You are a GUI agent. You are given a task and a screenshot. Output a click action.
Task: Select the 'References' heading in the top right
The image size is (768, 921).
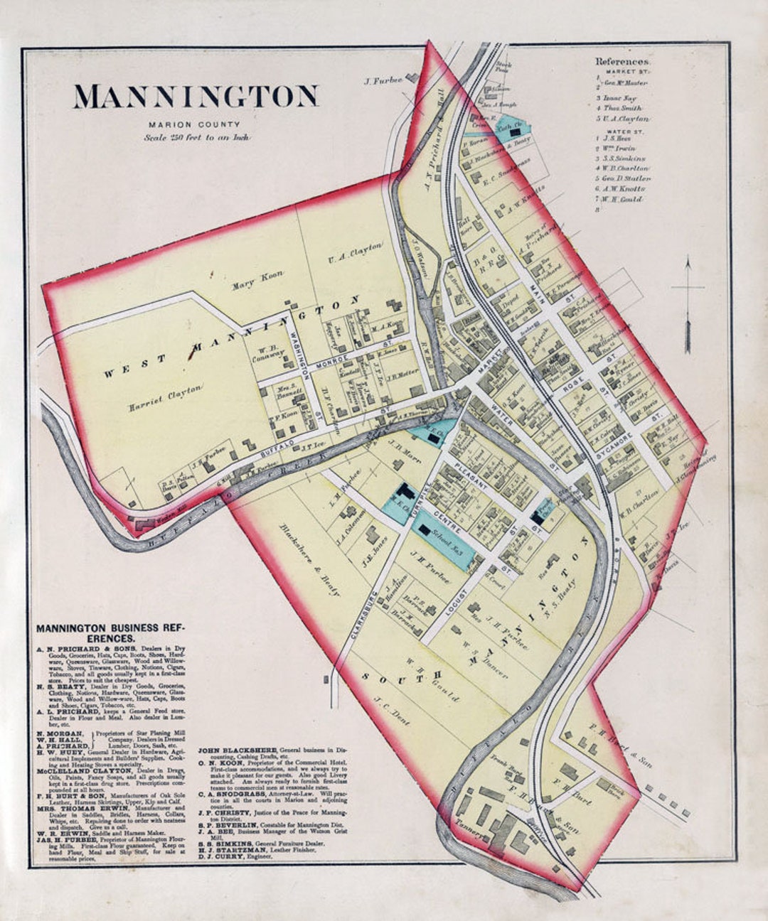[x=622, y=62]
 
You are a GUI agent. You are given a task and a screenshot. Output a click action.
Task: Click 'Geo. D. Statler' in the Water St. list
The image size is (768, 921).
[x=626, y=178]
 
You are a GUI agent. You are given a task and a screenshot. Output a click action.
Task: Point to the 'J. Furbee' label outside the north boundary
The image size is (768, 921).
[x=383, y=81]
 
